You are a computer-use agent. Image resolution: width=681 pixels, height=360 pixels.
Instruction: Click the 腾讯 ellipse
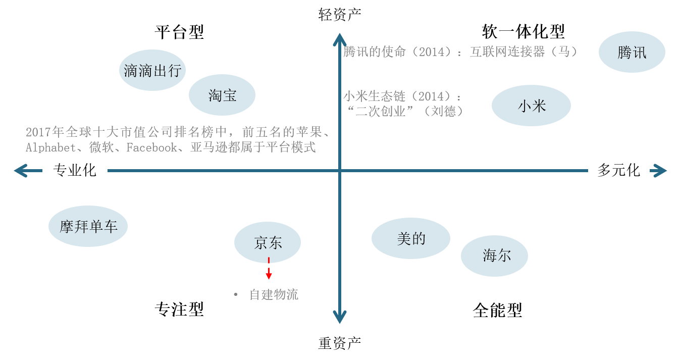632,52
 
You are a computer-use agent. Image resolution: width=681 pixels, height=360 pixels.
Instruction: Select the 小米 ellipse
531,106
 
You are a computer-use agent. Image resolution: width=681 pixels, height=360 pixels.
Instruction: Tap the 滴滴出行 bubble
152,70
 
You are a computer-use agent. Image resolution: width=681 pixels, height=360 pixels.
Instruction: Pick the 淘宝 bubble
222,95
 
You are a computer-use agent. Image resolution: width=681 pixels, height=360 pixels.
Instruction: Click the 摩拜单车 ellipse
88,226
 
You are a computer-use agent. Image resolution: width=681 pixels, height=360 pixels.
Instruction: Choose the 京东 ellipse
268,243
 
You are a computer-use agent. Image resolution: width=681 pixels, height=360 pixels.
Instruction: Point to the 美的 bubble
411,238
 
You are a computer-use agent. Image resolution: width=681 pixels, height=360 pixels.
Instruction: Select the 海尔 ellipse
494,255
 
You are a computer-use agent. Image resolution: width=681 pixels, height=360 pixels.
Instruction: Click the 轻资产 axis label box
340,15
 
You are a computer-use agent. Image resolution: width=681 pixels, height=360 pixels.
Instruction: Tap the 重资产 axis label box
340,343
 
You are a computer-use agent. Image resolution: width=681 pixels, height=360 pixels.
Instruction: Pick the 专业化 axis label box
75,170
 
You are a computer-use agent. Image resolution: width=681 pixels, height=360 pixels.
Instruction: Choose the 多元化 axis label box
618,170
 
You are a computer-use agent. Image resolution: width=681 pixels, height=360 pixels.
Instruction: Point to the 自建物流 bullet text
274,295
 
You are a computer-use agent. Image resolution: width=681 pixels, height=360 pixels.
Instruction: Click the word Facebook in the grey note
151,147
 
